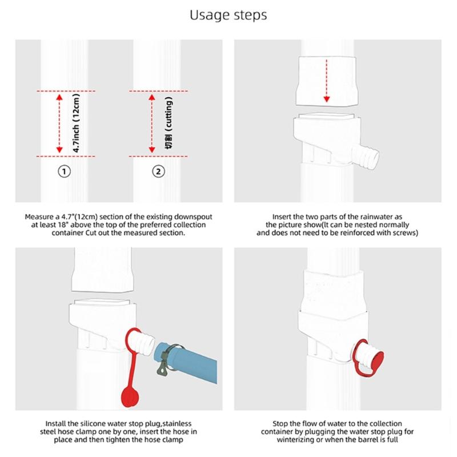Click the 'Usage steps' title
coord(228,15)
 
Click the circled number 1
coord(65,171)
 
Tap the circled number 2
coord(159,171)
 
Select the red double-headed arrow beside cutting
coord(152,123)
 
